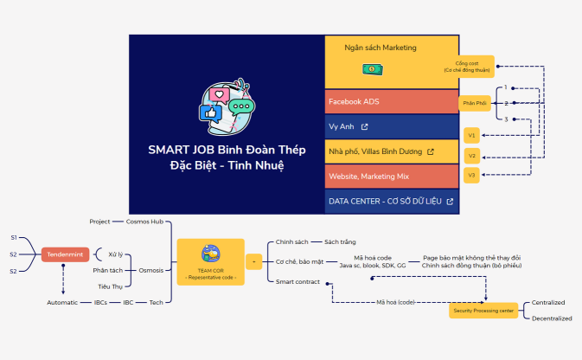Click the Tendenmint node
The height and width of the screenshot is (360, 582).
[x=65, y=254]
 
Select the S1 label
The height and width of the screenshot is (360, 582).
[x=13, y=237]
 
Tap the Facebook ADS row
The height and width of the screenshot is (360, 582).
[x=392, y=102]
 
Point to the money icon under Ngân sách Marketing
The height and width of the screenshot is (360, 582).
[x=371, y=68]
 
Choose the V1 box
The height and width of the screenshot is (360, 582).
[x=471, y=135]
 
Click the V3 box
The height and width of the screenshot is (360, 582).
[x=471, y=175]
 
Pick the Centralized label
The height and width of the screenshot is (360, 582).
[x=548, y=302]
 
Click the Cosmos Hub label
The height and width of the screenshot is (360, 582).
[x=144, y=222]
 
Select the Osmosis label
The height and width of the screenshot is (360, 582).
[x=151, y=269]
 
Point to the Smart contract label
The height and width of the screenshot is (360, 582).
[x=297, y=281]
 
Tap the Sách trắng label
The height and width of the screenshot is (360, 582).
[x=340, y=241]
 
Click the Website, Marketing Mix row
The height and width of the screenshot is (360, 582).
[x=392, y=177]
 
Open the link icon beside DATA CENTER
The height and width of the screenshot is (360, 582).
[x=450, y=202]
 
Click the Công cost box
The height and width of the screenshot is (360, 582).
[x=472, y=66]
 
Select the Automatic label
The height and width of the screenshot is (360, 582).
[x=63, y=302]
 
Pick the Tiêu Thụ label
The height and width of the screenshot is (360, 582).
[x=110, y=286]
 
